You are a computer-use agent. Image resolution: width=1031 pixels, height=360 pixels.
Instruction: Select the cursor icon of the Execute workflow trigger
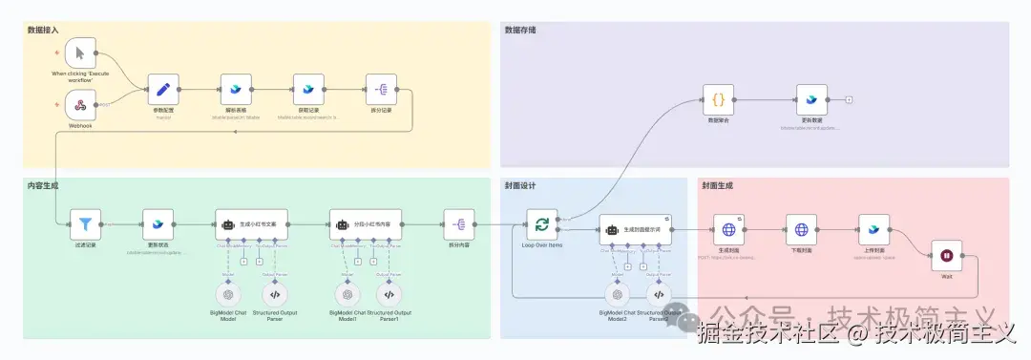[82, 53]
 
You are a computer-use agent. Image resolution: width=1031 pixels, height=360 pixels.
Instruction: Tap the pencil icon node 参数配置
[163, 90]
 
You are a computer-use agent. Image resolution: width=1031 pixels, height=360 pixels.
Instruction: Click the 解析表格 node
[236, 90]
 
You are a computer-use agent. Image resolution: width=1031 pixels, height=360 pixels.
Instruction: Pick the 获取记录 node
[308, 90]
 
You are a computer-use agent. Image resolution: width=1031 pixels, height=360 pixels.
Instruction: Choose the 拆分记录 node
[381, 90]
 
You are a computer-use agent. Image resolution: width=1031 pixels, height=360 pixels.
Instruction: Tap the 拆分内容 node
[459, 225]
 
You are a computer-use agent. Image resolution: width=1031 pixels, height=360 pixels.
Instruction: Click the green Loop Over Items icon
[542, 225]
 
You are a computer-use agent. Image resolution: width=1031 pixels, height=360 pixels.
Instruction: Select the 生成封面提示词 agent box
[636, 229]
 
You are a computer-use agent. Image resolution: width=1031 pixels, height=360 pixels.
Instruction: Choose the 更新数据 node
[811, 99]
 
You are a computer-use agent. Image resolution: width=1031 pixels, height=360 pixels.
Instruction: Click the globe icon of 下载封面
[802, 229]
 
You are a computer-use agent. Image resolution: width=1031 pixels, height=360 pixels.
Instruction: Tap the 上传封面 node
[873, 229]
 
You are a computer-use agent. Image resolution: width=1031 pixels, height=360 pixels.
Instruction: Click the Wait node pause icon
[946, 256]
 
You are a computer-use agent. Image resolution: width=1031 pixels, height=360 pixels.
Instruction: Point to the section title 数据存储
[520, 30]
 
